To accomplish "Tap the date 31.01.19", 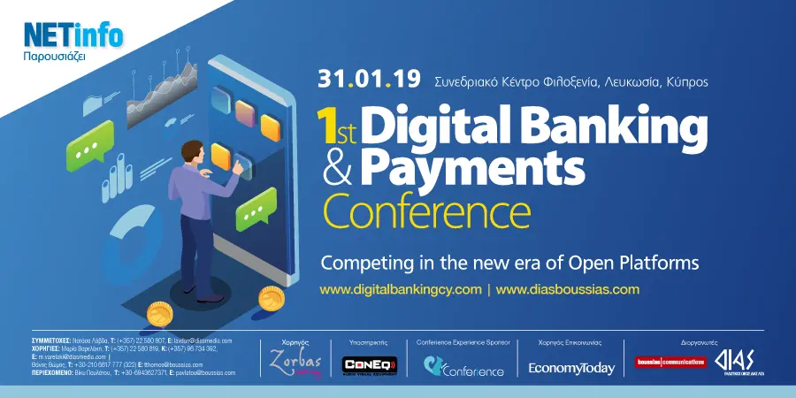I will (x=369, y=80).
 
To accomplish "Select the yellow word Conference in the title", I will (x=426, y=212).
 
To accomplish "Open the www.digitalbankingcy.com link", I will (x=400, y=289).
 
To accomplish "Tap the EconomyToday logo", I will (x=571, y=368).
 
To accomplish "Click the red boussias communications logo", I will (x=670, y=362).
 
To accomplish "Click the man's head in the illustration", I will (x=194, y=151).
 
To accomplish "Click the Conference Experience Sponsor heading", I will (x=463, y=341).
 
